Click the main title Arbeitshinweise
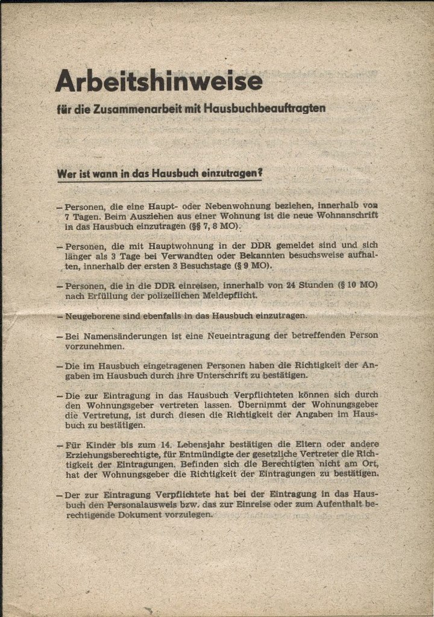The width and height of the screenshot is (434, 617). click(159, 81)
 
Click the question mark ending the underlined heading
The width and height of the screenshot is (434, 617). click(257, 173)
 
